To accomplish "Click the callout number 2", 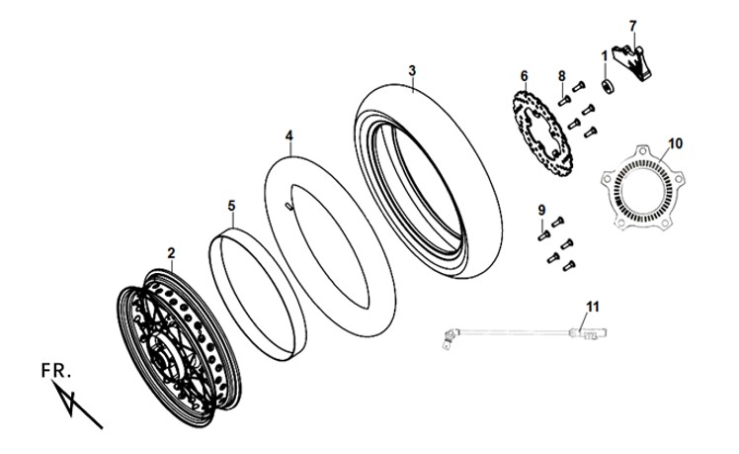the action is point(171,253).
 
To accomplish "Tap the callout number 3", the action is point(412,71).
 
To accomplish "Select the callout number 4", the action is point(288,136).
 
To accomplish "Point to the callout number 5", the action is point(231,207).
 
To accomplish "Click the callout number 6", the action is point(524,76).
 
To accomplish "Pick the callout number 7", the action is point(633,26).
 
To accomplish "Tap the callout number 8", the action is point(562,76).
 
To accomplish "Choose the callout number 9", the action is point(541,210).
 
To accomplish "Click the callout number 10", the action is point(676,143).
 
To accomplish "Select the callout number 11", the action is point(593,307).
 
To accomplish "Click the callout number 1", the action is point(605,57).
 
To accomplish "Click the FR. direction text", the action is point(56,371).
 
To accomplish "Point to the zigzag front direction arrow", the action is point(77,405).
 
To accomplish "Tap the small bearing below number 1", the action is point(607,87).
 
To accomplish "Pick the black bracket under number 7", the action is point(632,62).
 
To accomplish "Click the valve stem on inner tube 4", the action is point(288,206).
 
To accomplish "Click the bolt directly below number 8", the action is point(564,101).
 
